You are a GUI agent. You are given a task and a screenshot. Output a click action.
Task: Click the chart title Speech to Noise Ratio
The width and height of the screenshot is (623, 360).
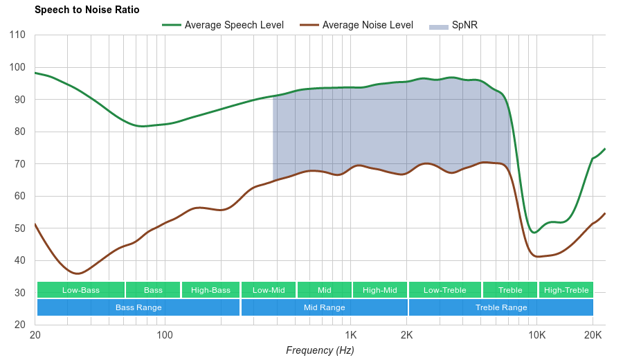coord(87,10)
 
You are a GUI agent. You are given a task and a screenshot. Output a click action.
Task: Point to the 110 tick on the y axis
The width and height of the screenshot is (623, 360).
coord(18,35)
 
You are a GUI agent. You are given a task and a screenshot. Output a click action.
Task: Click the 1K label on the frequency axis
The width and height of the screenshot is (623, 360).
coord(350,335)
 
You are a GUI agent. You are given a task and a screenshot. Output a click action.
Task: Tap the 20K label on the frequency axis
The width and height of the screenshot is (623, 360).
coord(593,335)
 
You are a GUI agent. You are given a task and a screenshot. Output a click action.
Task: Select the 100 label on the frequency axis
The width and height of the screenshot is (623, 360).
coord(165,335)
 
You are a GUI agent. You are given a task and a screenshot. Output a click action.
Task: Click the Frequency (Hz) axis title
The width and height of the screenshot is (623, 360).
coord(320,350)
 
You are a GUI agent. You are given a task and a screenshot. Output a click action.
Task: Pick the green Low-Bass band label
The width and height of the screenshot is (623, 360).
coord(81,290)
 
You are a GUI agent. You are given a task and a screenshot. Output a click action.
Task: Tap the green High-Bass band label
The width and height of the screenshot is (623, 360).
coord(210,290)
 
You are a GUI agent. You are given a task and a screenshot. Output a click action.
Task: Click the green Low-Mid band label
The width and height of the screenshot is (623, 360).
coord(269,290)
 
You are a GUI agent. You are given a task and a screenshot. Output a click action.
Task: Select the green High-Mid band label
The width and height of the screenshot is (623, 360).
coord(380,290)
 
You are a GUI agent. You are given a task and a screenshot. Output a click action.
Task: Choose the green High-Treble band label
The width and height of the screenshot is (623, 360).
coord(566,290)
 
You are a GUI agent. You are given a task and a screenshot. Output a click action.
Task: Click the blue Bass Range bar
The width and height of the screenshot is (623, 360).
coord(138,307)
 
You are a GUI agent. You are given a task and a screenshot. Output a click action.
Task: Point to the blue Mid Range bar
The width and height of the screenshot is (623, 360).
coord(324,307)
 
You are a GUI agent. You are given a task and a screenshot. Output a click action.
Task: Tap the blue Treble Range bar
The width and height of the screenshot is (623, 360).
coord(501,307)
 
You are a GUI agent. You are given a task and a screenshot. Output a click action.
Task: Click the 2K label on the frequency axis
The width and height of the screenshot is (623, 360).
coord(407,335)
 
